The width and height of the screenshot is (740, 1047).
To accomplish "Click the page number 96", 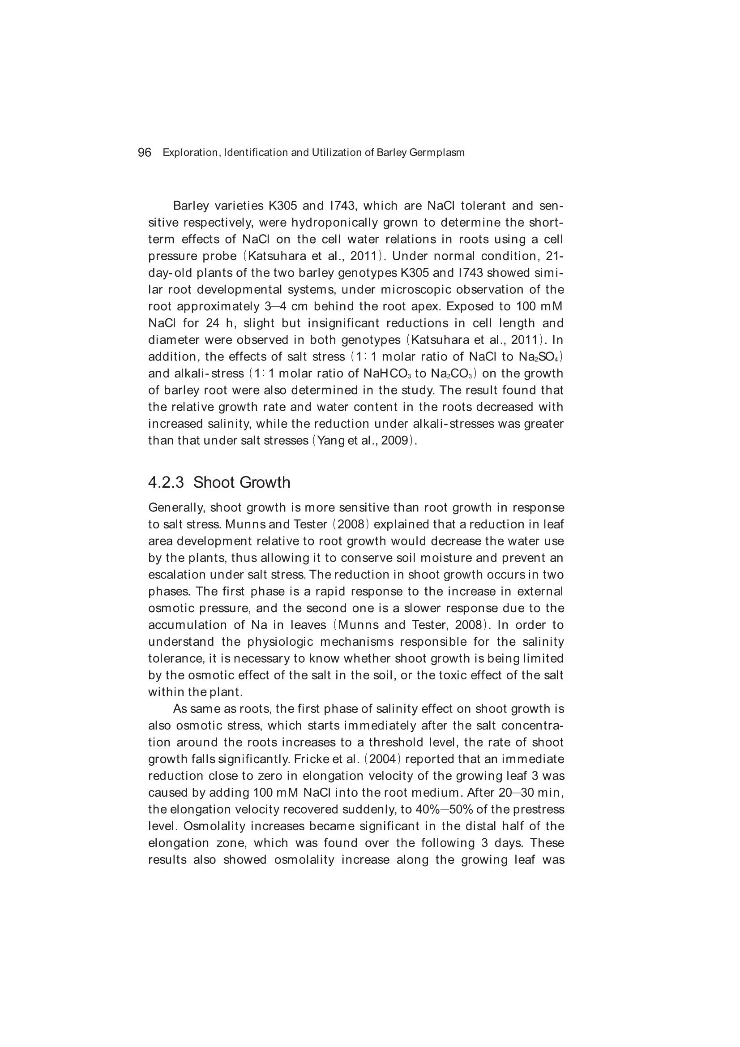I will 144,153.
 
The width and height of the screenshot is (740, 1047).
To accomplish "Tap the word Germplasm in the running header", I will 437,153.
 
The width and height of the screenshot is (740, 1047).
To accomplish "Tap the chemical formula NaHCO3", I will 387,374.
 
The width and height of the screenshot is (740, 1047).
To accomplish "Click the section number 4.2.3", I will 166,482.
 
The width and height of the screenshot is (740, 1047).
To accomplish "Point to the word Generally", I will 176,508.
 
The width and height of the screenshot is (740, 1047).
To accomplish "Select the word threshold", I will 397,743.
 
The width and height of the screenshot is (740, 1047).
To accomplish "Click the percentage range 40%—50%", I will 450,810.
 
